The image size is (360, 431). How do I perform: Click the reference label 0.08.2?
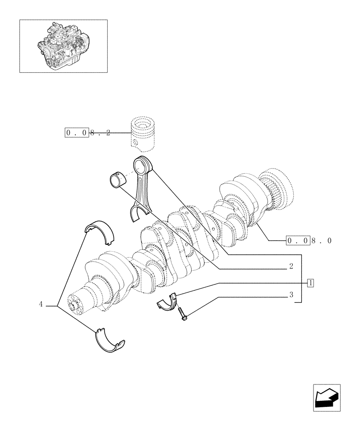point(88,133)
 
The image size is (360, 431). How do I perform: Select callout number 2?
point(291,267)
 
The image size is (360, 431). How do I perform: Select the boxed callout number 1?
point(310,283)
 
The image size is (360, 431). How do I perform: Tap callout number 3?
point(291,295)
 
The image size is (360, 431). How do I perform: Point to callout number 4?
point(41,304)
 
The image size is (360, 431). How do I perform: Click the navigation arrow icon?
point(327,397)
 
